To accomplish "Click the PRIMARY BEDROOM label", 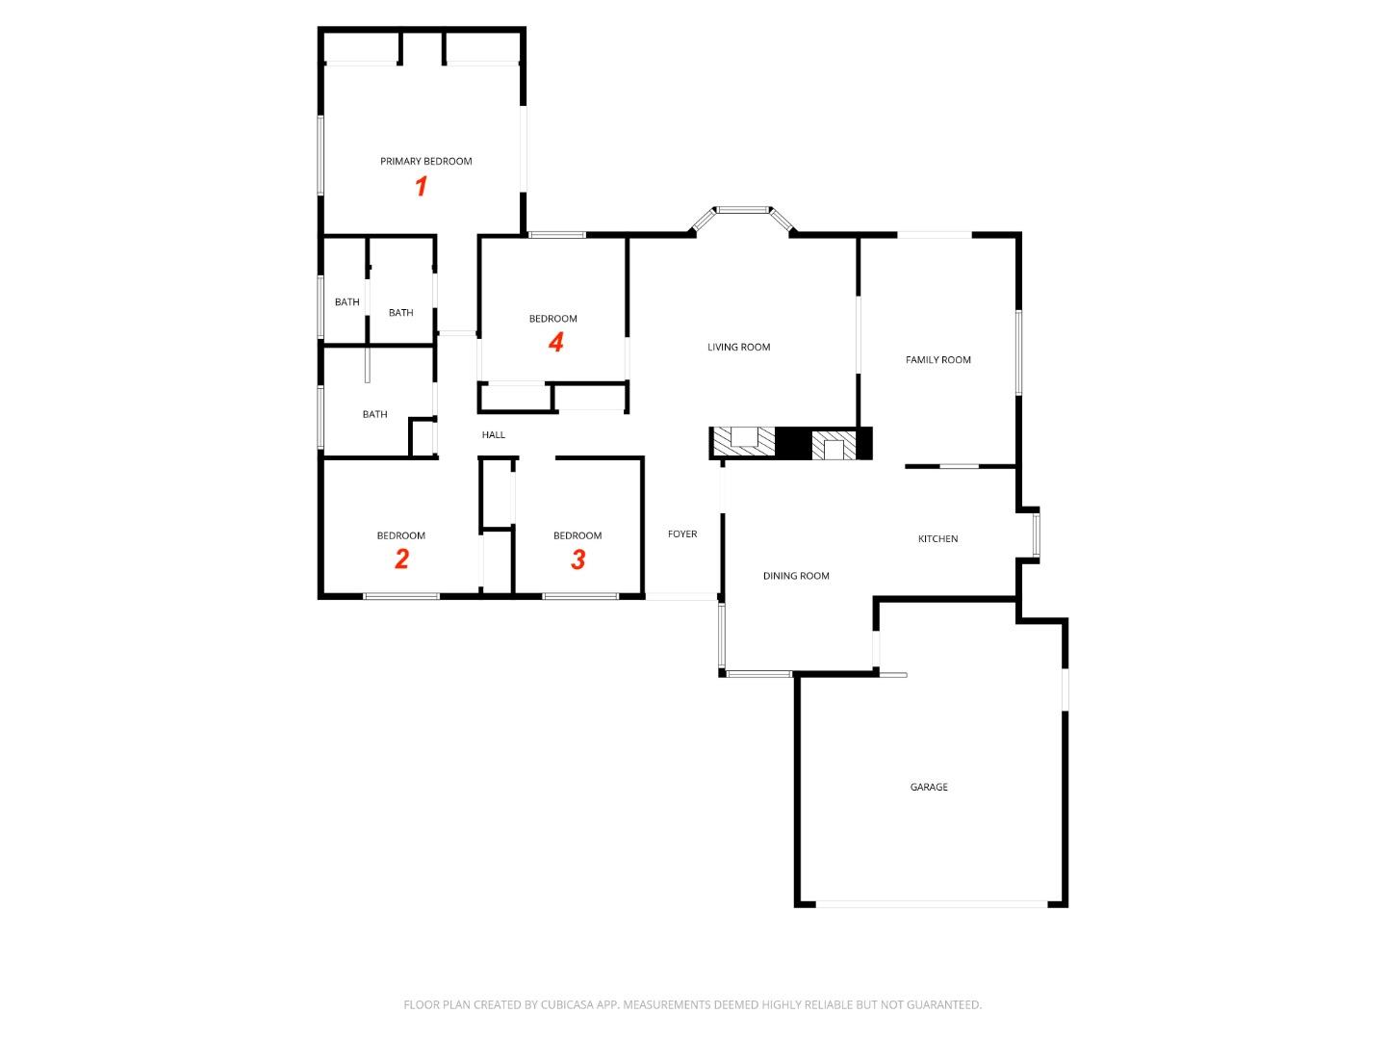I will pyautogui.click(x=425, y=162).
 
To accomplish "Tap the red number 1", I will pyautogui.click(x=421, y=186).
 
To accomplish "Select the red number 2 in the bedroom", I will pyautogui.click(x=401, y=559).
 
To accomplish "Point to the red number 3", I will pyautogui.click(x=577, y=559).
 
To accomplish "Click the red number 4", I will pyautogui.click(x=555, y=342).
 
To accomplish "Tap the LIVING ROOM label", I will pyautogui.click(x=738, y=348).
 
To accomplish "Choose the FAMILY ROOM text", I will pyautogui.click(x=937, y=360).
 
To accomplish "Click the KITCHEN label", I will pyautogui.click(x=937, y=539).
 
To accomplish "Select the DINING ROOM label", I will pyautogui.click(x=796, y=576).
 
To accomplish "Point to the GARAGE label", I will pyautogui.click(x=929, y=788).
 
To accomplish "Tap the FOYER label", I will pyautogui.click(x=682, y=534).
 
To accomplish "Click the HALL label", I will pyautogui.click(x=494, y=435).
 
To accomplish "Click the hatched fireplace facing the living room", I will pyautogui.click(x=743, y=442).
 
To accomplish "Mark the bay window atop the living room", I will pyautogui.click(x=743, y=210).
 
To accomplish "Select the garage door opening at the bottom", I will pyautogui.click(x=931, y=904).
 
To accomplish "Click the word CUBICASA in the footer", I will pyautogui.click(x=571, y=1005).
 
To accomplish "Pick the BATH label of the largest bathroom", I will pyautogui.click(x=374, y=415).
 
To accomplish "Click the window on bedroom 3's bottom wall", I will pyautogui.click(x=580, y=597).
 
